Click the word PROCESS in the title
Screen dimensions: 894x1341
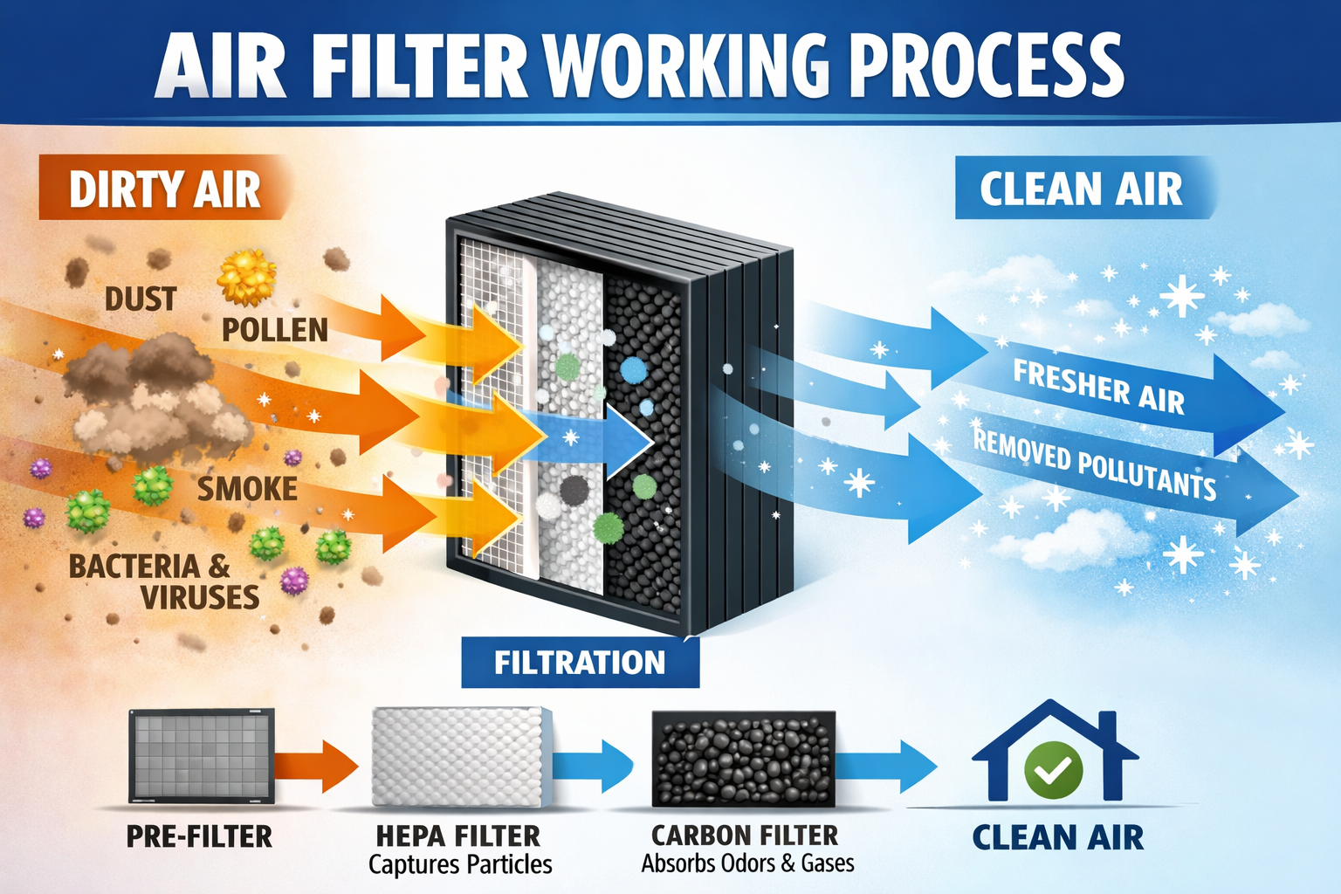pos(987,66)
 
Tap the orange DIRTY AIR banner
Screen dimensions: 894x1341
pos(164,189)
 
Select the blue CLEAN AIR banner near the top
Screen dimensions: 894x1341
pos(1081,189)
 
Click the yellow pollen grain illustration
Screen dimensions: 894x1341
pos(247,279)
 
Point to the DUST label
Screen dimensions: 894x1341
pos(141,299)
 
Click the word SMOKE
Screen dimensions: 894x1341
pos(247,489)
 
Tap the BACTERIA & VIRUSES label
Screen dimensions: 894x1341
pos(164,581)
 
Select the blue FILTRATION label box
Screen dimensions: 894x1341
pos(580,663)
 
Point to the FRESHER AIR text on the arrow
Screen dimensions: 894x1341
pos(1098,387)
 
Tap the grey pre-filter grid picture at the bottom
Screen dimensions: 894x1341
pos(202,756)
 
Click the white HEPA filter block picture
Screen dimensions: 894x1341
pos(461,756)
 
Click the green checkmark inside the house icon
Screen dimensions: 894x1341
pos(1053,769)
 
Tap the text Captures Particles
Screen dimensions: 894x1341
pos(460,865)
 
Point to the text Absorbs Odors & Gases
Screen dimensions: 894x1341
pos(747,863)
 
